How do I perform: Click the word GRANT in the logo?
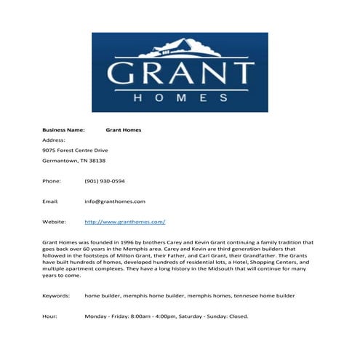coord(180,74)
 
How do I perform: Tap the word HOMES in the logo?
coord(180,97)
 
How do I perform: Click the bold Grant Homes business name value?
coord(123,129)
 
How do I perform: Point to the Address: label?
coord(54,140)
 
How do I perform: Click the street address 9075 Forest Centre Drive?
coord(75,150)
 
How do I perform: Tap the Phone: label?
coord(52,180)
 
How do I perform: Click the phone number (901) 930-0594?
coord(105,180)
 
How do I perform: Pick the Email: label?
coord(50,201)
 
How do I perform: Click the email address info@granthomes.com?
coord(115,201)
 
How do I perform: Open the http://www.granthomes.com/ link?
coord(125,221)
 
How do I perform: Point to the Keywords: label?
coord(56,296)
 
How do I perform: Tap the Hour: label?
coord(49,316)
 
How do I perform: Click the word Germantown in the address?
coord(60,160)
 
